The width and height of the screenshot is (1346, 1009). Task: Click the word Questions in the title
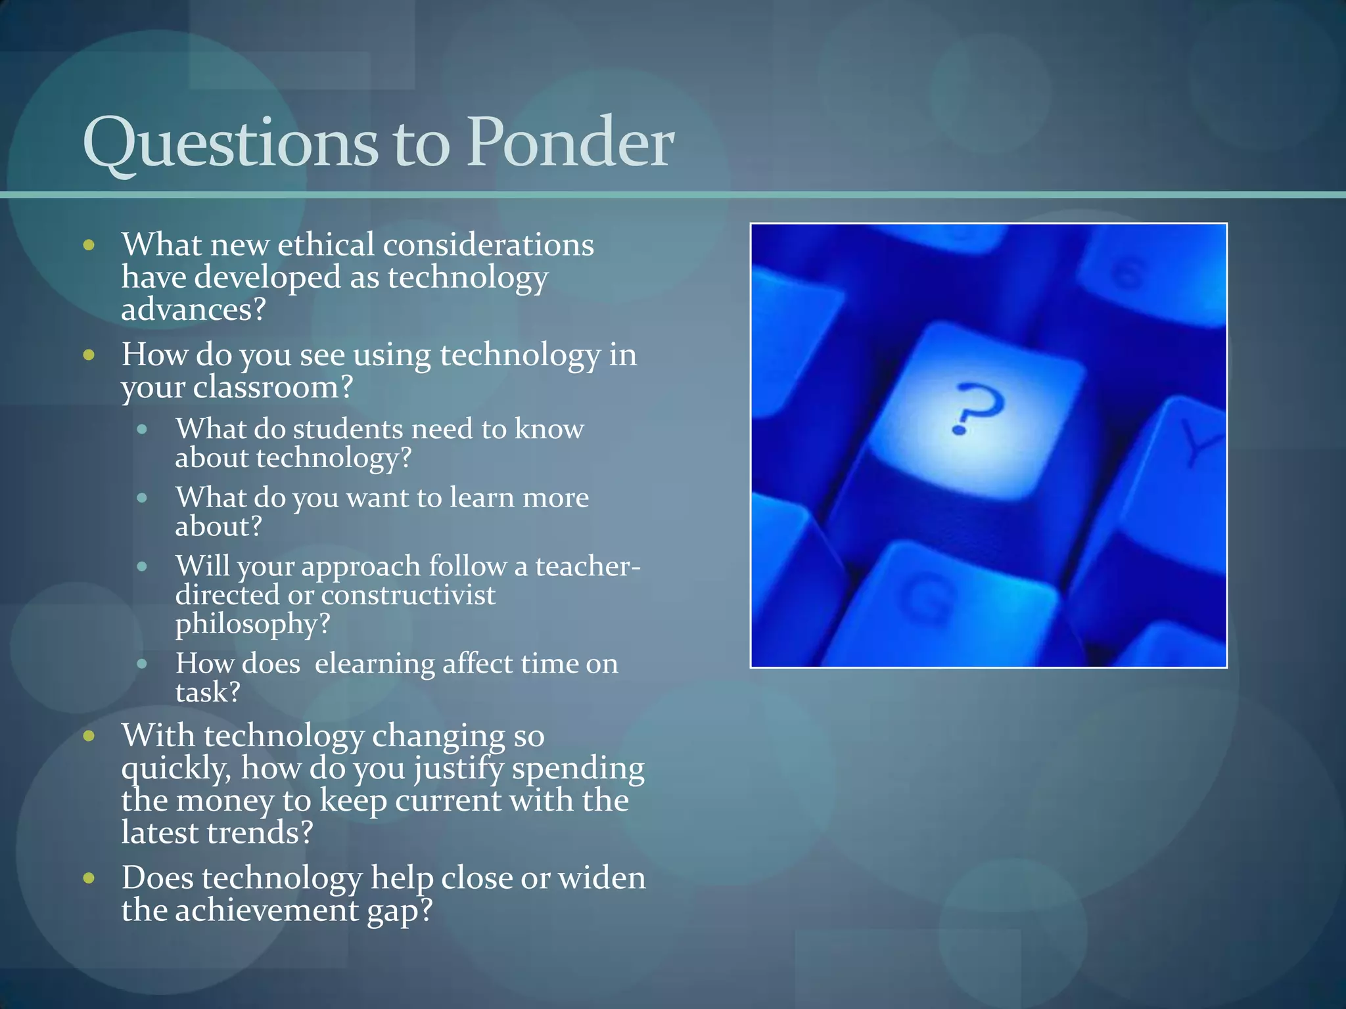(230, 143)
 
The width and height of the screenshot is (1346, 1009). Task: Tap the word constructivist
(408, 595)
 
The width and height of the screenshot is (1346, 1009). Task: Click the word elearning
(375, 663)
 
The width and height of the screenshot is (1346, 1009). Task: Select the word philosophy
(252, 624)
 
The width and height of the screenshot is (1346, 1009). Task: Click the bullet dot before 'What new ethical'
(89, 246)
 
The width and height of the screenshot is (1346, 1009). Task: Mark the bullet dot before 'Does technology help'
(89, 878)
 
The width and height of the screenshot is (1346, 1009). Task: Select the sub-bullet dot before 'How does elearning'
(142, 663)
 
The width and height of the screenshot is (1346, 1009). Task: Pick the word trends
(259, 833)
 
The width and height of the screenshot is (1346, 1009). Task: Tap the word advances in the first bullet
(193, 309)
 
